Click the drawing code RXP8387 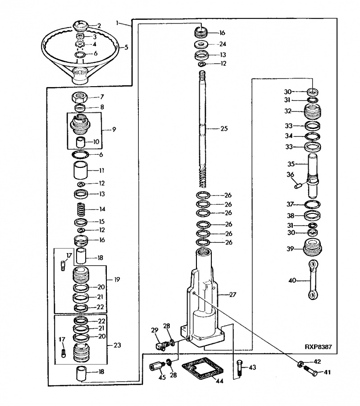tap(318, 347)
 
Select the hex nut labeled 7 tap(79, 97)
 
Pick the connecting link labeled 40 tap(314, 280)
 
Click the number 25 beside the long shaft tap(224, 129)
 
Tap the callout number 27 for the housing tap(232, 295)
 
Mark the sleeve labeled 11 tap(81, 170)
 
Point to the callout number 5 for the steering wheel tap(126, 47)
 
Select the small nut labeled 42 tap(301, 364)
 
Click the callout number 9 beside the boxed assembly tap(114, 129)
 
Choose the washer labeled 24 tap(201, 44)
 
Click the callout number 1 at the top tap(118, 23)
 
